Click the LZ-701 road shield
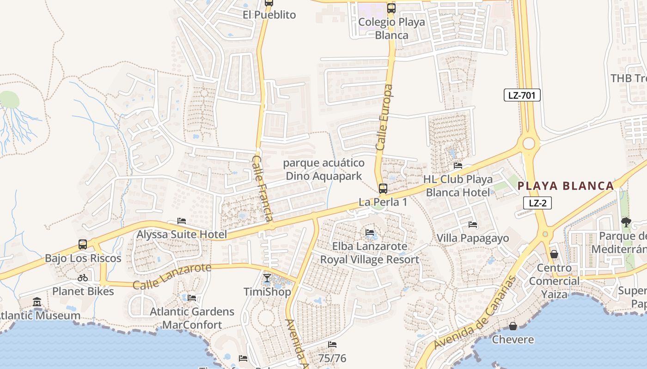pos(522,95)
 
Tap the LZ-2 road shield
pos(537,203)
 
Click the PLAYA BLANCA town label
pos(565,186)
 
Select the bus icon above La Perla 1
pos(383,188)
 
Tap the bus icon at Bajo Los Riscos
pos(83,244)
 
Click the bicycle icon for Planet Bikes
pos(83,278)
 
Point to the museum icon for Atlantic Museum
pos(37,302)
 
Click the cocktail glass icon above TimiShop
pos(267,278)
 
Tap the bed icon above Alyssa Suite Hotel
pos(182,221)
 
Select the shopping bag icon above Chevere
pos(513,327)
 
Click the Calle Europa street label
pos(385,117)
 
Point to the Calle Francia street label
pos(263,188)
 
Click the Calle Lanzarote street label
pos(172,276)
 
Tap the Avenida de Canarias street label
pos(475,312)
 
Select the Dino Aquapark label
pos(323,170)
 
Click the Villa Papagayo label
pos(473,238)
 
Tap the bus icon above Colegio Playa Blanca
pos(391,8)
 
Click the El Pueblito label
pos(269,15)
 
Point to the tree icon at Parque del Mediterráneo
pos(626,222)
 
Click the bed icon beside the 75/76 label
pos(332,345)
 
